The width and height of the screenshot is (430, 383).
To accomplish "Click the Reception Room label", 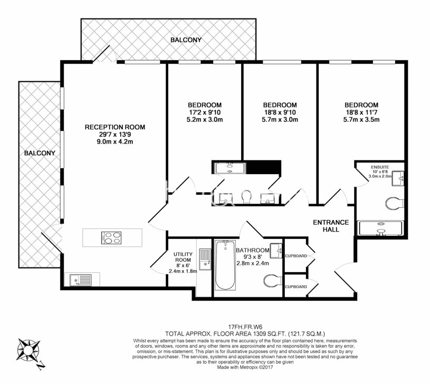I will pos(115,127).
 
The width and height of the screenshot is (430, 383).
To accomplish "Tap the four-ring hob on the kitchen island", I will pos(112,237).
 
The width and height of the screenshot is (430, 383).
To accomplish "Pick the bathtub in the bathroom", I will pos(225,265).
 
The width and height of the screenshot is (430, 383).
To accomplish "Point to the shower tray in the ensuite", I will pos(380,227).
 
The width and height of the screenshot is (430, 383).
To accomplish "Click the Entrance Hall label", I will pos(331,226).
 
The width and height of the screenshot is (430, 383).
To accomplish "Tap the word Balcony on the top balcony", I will pos(186,40).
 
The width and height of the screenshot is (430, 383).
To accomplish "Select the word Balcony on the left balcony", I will pos(40,153).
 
